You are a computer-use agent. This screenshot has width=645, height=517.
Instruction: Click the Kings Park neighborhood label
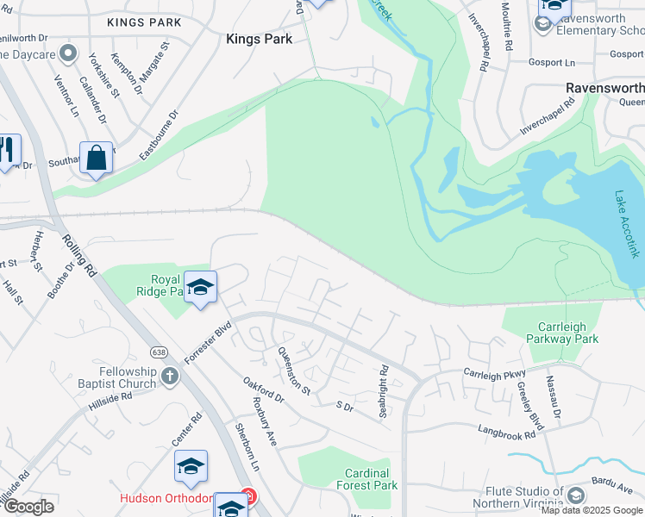pyautogui.click(x=259, y=39)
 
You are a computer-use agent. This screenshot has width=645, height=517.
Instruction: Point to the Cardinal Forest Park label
pyautogui.click(x=371, y=479)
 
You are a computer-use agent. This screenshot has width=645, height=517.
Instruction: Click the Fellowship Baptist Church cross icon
pyautogui.click(x=170, y=376)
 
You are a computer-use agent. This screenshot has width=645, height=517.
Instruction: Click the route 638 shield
pyautogui.click(x=158, y=352)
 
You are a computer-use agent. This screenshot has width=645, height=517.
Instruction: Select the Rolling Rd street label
pyautogui.click(x=78, y=256)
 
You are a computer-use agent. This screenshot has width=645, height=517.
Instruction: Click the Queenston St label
pyautogui.click(x=294, y=370)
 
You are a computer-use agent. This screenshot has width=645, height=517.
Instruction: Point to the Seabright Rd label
pyautogui.click(x=385, y=392)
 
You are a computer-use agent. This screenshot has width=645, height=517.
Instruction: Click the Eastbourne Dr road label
pyautogui.click(x=159, y=132)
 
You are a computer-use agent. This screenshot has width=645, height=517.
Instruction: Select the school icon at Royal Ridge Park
pyautogui.click(x=200, y=288)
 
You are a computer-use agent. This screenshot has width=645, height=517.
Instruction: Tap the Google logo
pyautogui.click(x=28, y=507)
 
